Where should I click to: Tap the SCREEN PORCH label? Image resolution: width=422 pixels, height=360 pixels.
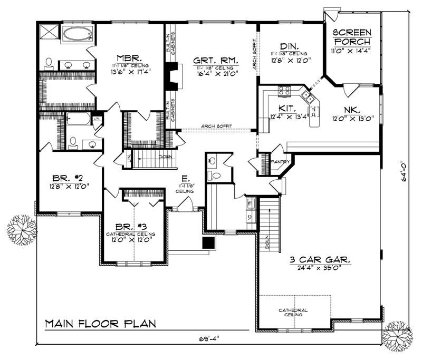(352, 35)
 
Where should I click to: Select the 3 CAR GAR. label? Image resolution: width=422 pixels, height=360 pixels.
(320, 260)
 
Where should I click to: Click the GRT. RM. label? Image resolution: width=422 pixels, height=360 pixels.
(210, 60)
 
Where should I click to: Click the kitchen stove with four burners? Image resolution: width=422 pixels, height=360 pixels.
(284, 91)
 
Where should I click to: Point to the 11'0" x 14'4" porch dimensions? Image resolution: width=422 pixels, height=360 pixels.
(352, 52)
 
